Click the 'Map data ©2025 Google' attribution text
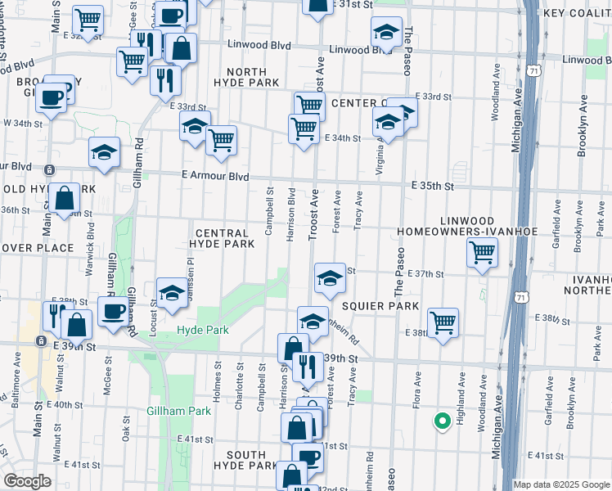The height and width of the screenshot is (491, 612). tap(561, 484)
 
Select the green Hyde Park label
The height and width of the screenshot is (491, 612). tap(202, 330)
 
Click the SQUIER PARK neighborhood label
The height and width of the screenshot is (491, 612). tap(380, 305)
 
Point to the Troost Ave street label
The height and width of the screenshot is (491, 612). tap(313, 215)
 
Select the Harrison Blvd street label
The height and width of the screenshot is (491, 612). tap(290, 215)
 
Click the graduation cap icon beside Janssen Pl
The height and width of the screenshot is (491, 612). tap(172, 293)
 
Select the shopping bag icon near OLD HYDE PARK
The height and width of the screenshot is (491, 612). tap(65, 197)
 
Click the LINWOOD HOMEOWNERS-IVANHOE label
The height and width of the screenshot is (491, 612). tap(467, 227)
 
